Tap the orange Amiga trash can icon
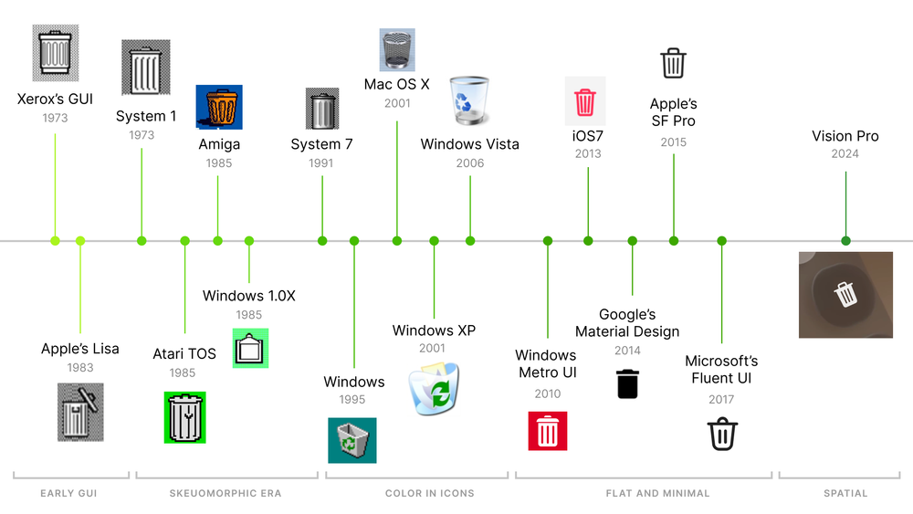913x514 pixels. coord(219,107)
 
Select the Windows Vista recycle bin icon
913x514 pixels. coord(471,101)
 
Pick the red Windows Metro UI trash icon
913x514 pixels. coord(548,431)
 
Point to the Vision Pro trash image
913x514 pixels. coord(845,294)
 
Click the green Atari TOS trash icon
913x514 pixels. coord(184,417)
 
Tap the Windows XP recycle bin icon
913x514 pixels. coord(434,390)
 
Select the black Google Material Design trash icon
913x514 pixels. coord(627,383)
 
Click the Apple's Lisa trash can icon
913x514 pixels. coord(80,412)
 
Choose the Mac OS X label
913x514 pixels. coord(396,84)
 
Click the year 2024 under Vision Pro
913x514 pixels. coord(845,154)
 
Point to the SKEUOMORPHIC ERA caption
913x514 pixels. coord(226,493)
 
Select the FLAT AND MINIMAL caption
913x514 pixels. coord(657,493)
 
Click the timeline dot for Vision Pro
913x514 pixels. coord(845,241)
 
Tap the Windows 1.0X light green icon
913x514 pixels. coord(250,348)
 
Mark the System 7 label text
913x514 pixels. coord(321,144)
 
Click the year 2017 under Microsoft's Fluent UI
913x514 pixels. coord(721,399)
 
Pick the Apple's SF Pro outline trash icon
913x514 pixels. coord(673,64)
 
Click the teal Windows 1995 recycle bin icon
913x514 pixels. coord(352,440)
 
